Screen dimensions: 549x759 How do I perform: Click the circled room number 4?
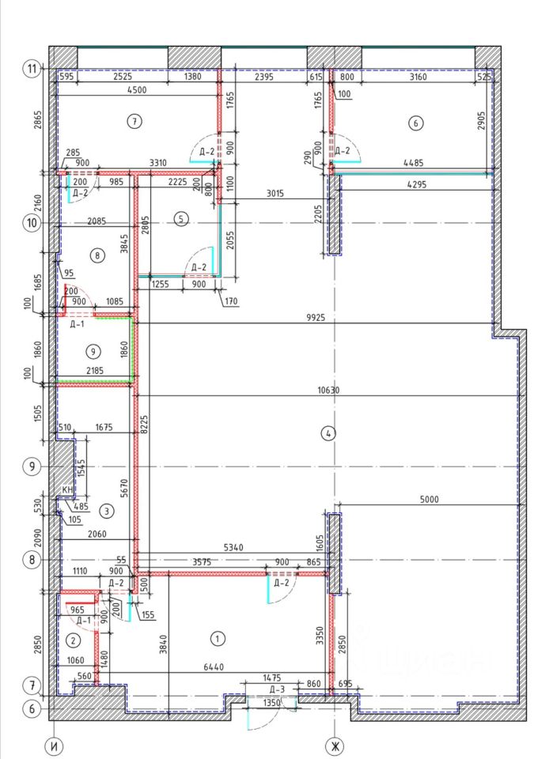(x=329, y=432)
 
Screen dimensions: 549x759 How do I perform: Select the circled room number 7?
(x=135, y=121)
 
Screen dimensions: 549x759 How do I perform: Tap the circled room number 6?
(x=417, y=122)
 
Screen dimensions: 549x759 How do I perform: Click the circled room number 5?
(x=183, y=219)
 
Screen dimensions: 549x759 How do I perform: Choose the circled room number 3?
(x=108, y=511)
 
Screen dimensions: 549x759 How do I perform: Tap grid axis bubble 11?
(x=32, y=69)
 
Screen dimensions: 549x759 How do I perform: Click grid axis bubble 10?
(x=32, y=222)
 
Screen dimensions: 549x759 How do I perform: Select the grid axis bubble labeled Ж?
(x=335, y=746)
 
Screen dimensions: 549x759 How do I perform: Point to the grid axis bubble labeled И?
(x=55, y=746)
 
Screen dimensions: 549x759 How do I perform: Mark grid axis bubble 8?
(x=32, y=560)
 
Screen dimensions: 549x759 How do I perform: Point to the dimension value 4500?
(x=137, y=90)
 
